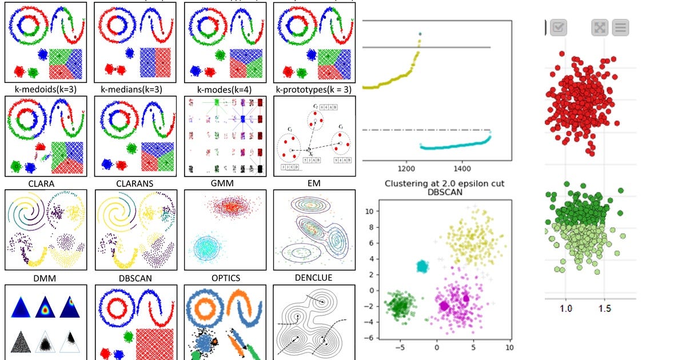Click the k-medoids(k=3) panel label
point(45,89)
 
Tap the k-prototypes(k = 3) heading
point(313,89)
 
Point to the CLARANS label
point(135,184)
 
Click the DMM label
point(45,278)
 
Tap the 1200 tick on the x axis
point(406,169)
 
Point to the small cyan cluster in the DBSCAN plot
point(422,266)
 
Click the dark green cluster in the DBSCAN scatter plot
point(398,304)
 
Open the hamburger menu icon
point(621,27)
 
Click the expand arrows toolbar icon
point(599,27)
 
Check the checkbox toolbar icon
point(559,27)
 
